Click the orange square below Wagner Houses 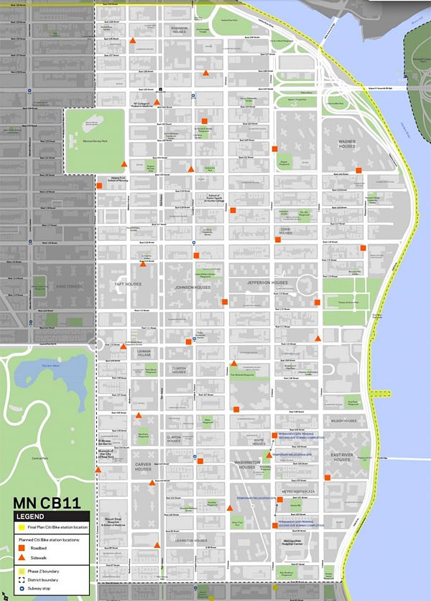(358, 170)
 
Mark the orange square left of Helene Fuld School (99, 185)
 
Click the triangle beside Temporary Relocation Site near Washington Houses (269, 455)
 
